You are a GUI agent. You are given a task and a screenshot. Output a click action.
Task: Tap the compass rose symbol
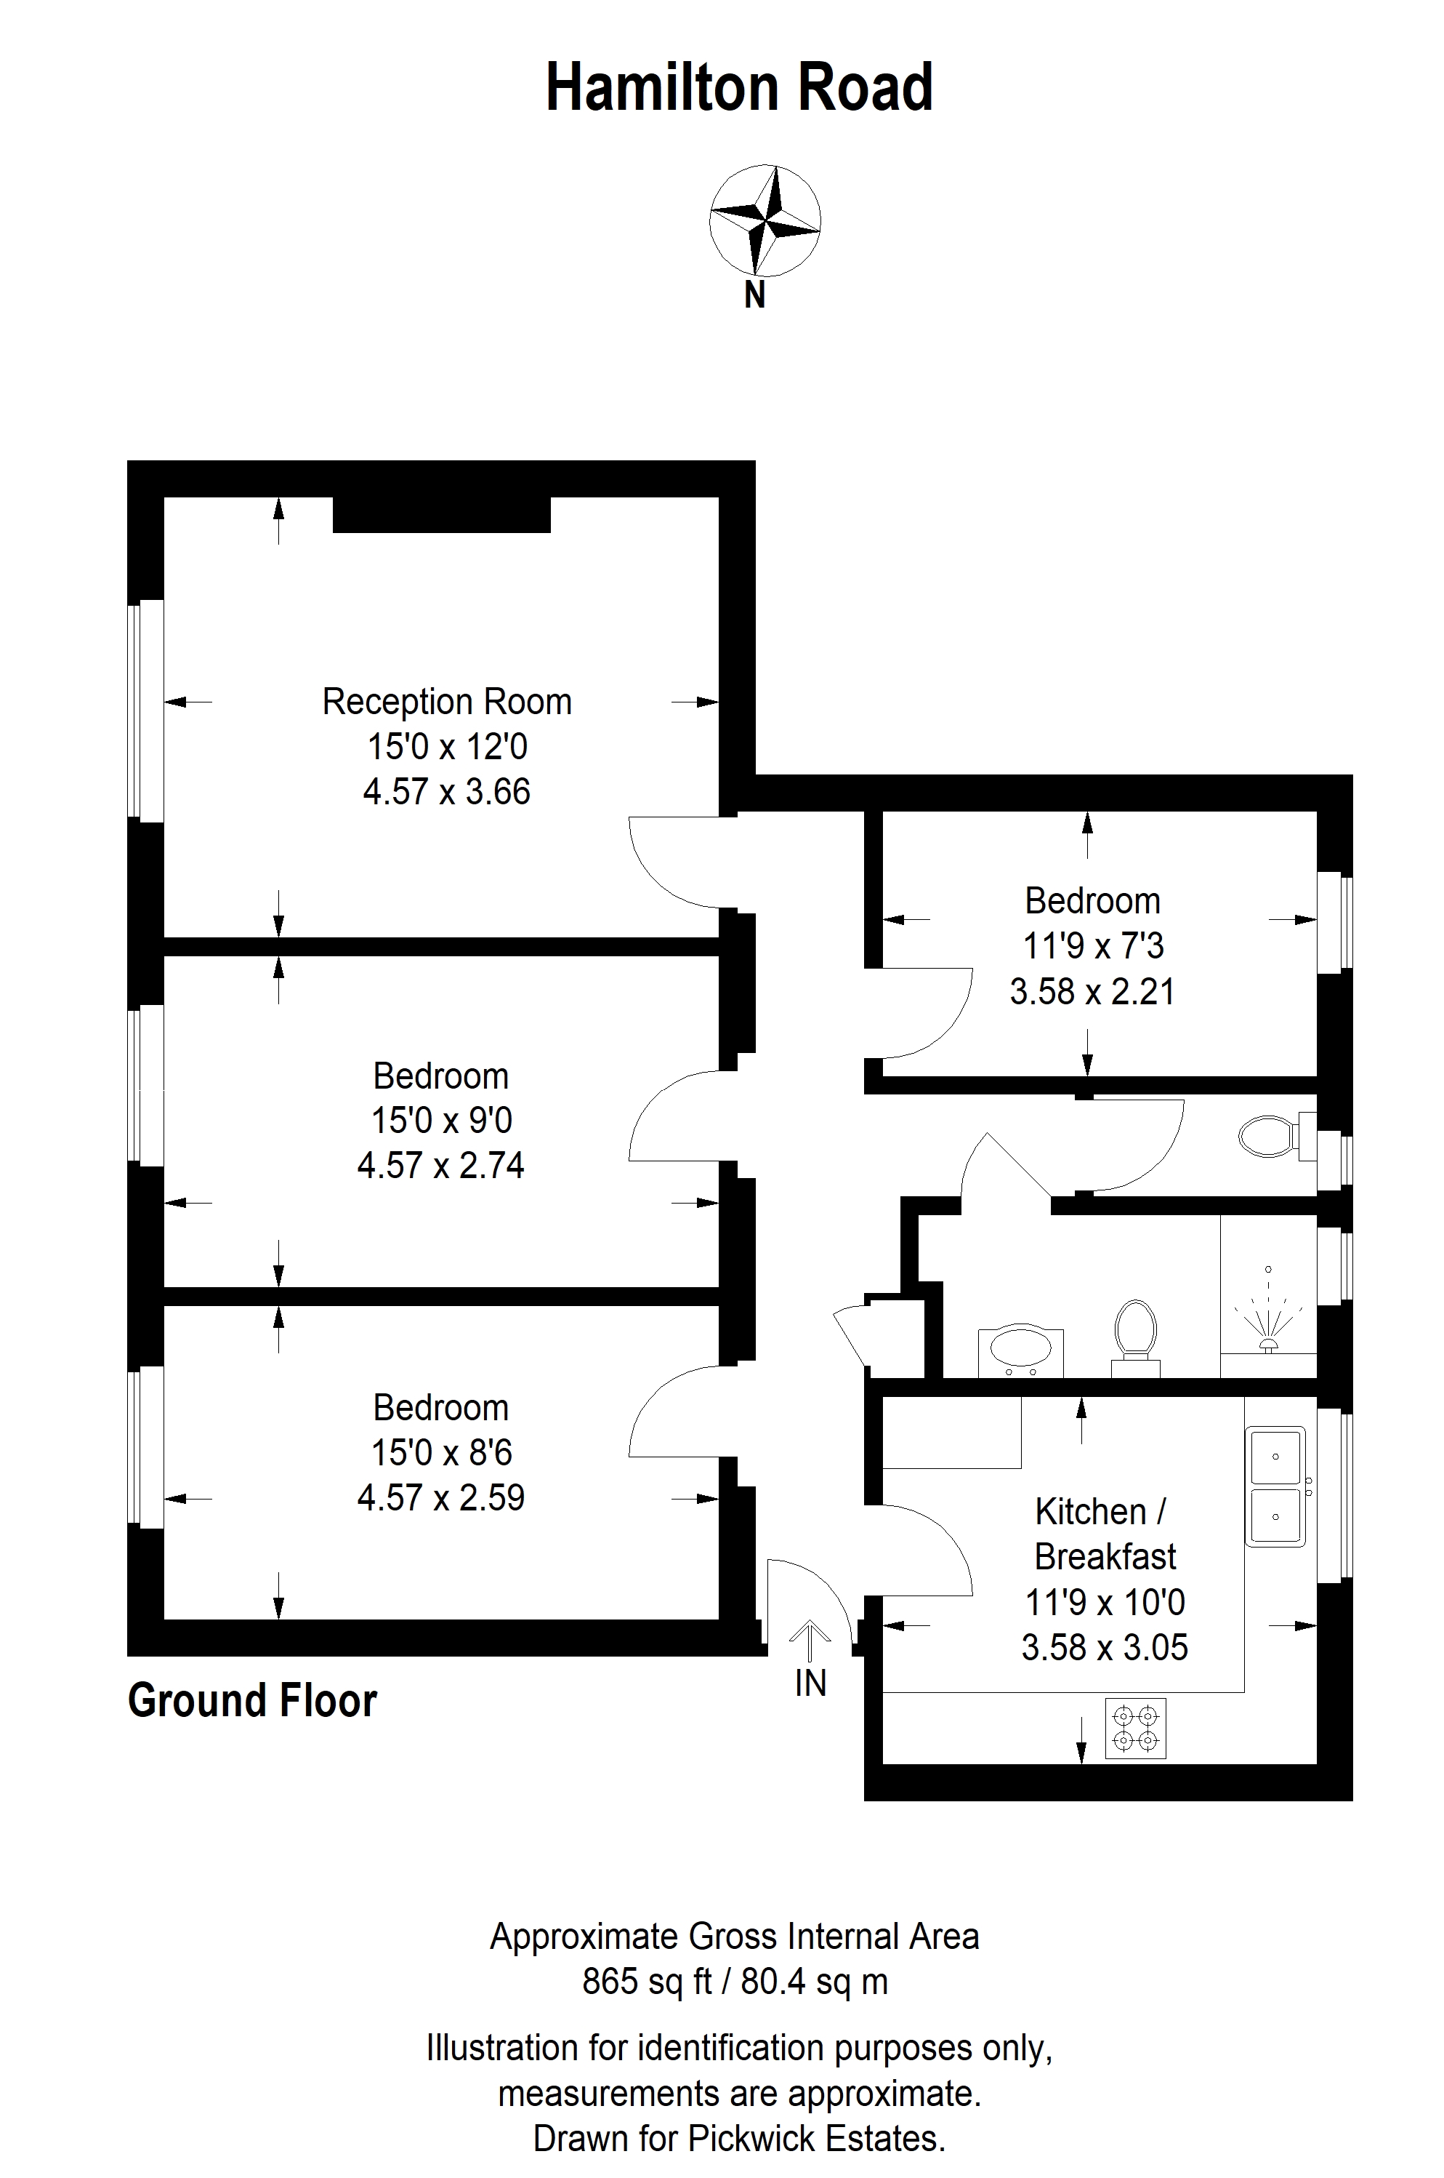[765, 221]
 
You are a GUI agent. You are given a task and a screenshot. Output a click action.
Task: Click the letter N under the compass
[755, 296]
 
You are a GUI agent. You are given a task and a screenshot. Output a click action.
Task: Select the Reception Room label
[447, 702]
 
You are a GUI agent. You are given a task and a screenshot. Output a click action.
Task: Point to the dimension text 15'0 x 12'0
[447, 746]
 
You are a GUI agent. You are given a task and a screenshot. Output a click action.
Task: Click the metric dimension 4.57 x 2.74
[441, 1166]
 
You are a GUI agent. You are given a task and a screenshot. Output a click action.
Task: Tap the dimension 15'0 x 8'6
[441, 1453]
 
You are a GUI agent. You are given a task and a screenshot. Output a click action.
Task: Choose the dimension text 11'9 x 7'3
[1093, 946]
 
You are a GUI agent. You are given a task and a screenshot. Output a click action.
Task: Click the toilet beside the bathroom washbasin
[1135, 1338]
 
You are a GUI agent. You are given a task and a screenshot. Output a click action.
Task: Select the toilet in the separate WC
[1278, 1136]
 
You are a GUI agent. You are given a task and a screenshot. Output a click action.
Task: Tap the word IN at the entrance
[810, 1683]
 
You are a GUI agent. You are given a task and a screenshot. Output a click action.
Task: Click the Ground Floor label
[252, 1701]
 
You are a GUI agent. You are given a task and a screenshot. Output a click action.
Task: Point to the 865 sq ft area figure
[648, 1981]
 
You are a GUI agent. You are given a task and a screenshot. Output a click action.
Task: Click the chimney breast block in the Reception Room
[441, 514]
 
